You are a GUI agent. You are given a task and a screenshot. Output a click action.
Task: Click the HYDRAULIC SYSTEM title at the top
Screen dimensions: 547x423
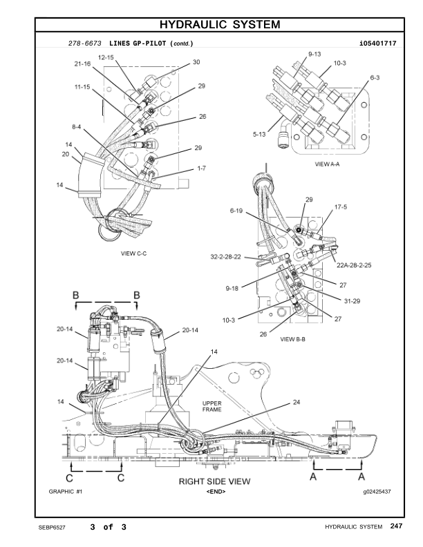point(220,25)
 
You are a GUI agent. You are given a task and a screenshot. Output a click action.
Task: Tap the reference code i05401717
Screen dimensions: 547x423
point(377,44)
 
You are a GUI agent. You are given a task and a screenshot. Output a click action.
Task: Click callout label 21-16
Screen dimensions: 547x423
point(82,64)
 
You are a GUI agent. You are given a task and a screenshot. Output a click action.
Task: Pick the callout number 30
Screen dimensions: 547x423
point(196,62)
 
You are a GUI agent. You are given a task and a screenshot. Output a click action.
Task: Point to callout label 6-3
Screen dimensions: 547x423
point(375,78)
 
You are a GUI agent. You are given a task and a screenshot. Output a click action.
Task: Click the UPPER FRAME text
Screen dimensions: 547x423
point(211,406)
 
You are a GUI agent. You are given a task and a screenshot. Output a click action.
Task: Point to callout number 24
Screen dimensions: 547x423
point(297,401)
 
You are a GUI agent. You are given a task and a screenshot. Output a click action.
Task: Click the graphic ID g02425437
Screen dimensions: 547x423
point(377,492)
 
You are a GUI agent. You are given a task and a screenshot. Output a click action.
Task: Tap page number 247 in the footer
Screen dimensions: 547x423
point(395,527)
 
